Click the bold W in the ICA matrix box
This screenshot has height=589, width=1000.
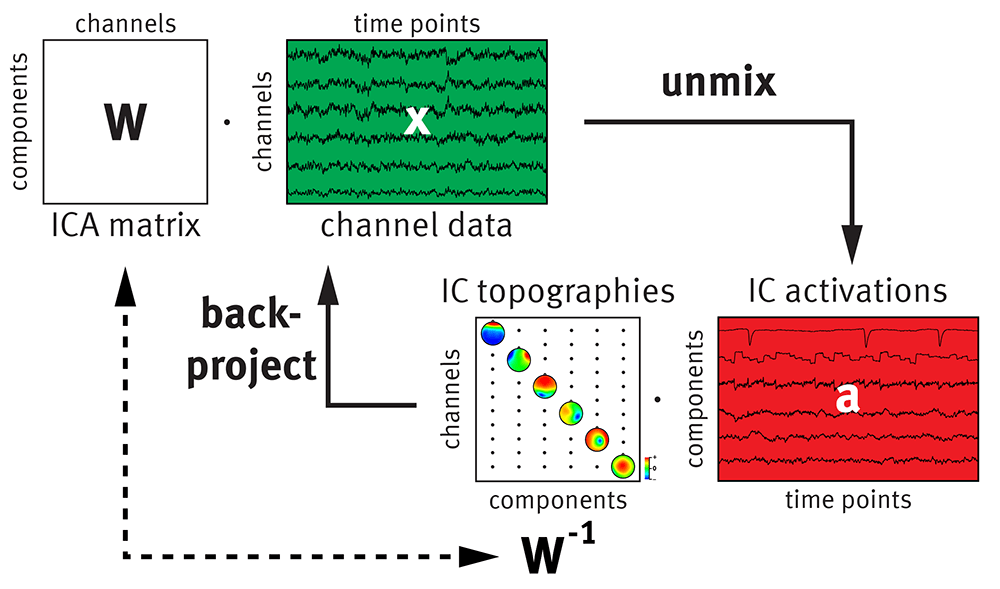click(125, 122)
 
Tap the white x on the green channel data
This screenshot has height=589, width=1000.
click(418, 121)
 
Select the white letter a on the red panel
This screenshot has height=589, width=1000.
click(846, 398)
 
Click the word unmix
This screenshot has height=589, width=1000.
click(718, 82)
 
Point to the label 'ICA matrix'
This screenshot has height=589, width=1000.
click(124, 226)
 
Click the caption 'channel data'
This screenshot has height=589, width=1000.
click(416, 226)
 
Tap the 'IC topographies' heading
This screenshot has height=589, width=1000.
click(558, 291)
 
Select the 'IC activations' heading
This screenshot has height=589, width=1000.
click(846, 291)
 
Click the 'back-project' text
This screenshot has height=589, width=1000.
click(258, 341)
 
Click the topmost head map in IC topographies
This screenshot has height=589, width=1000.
click(494, 334)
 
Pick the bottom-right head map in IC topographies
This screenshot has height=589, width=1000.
click(623, 466)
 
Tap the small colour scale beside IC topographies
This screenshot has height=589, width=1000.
click(649, 467)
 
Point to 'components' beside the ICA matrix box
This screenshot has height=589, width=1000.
click(19, 122)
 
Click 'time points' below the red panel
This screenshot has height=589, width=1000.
click(846, 499)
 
